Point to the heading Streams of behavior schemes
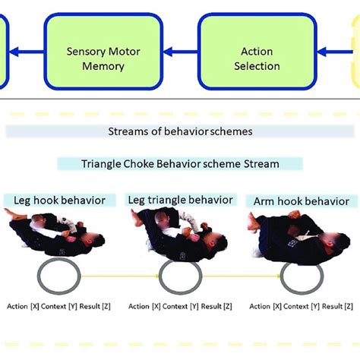point(179,131)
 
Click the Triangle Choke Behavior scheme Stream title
point(180,163)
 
